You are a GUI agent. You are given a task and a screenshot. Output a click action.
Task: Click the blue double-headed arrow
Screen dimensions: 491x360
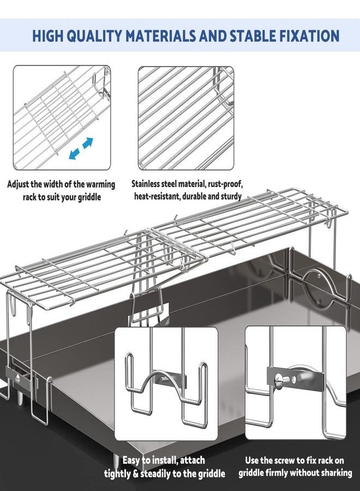[x=81, y=149]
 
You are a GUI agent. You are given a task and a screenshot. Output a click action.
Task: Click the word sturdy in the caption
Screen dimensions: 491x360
[x=229, y=196]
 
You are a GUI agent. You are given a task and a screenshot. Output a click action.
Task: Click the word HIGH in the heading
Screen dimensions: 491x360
[x=47, y=36]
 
